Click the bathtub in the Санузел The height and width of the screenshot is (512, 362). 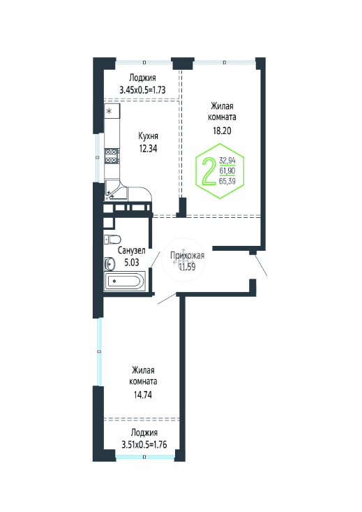[125, 281]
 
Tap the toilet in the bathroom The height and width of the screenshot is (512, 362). [112, 240]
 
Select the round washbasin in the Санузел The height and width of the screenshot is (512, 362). [110, 264]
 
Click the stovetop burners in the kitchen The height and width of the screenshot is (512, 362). [112, 156]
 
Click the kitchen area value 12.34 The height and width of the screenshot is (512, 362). [148, 149]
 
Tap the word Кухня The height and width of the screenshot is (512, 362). [149, 136]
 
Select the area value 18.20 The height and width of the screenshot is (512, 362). [222, 131]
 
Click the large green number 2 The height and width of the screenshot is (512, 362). [209, 170]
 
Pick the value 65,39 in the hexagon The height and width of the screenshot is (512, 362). [227, 181]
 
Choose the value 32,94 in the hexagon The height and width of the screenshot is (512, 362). [227, 161]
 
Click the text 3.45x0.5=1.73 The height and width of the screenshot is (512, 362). [142, 90]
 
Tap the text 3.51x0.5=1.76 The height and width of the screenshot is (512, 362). [144, 445]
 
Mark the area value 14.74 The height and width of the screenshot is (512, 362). [143, 395]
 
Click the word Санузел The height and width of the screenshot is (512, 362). [131, 251]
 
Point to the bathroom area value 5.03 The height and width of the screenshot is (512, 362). [132, 262]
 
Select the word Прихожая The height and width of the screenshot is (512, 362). [187, 256]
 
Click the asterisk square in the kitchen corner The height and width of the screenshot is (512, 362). [112, 111]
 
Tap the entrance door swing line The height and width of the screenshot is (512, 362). [260, 265]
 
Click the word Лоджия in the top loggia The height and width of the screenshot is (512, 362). [142, 78]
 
